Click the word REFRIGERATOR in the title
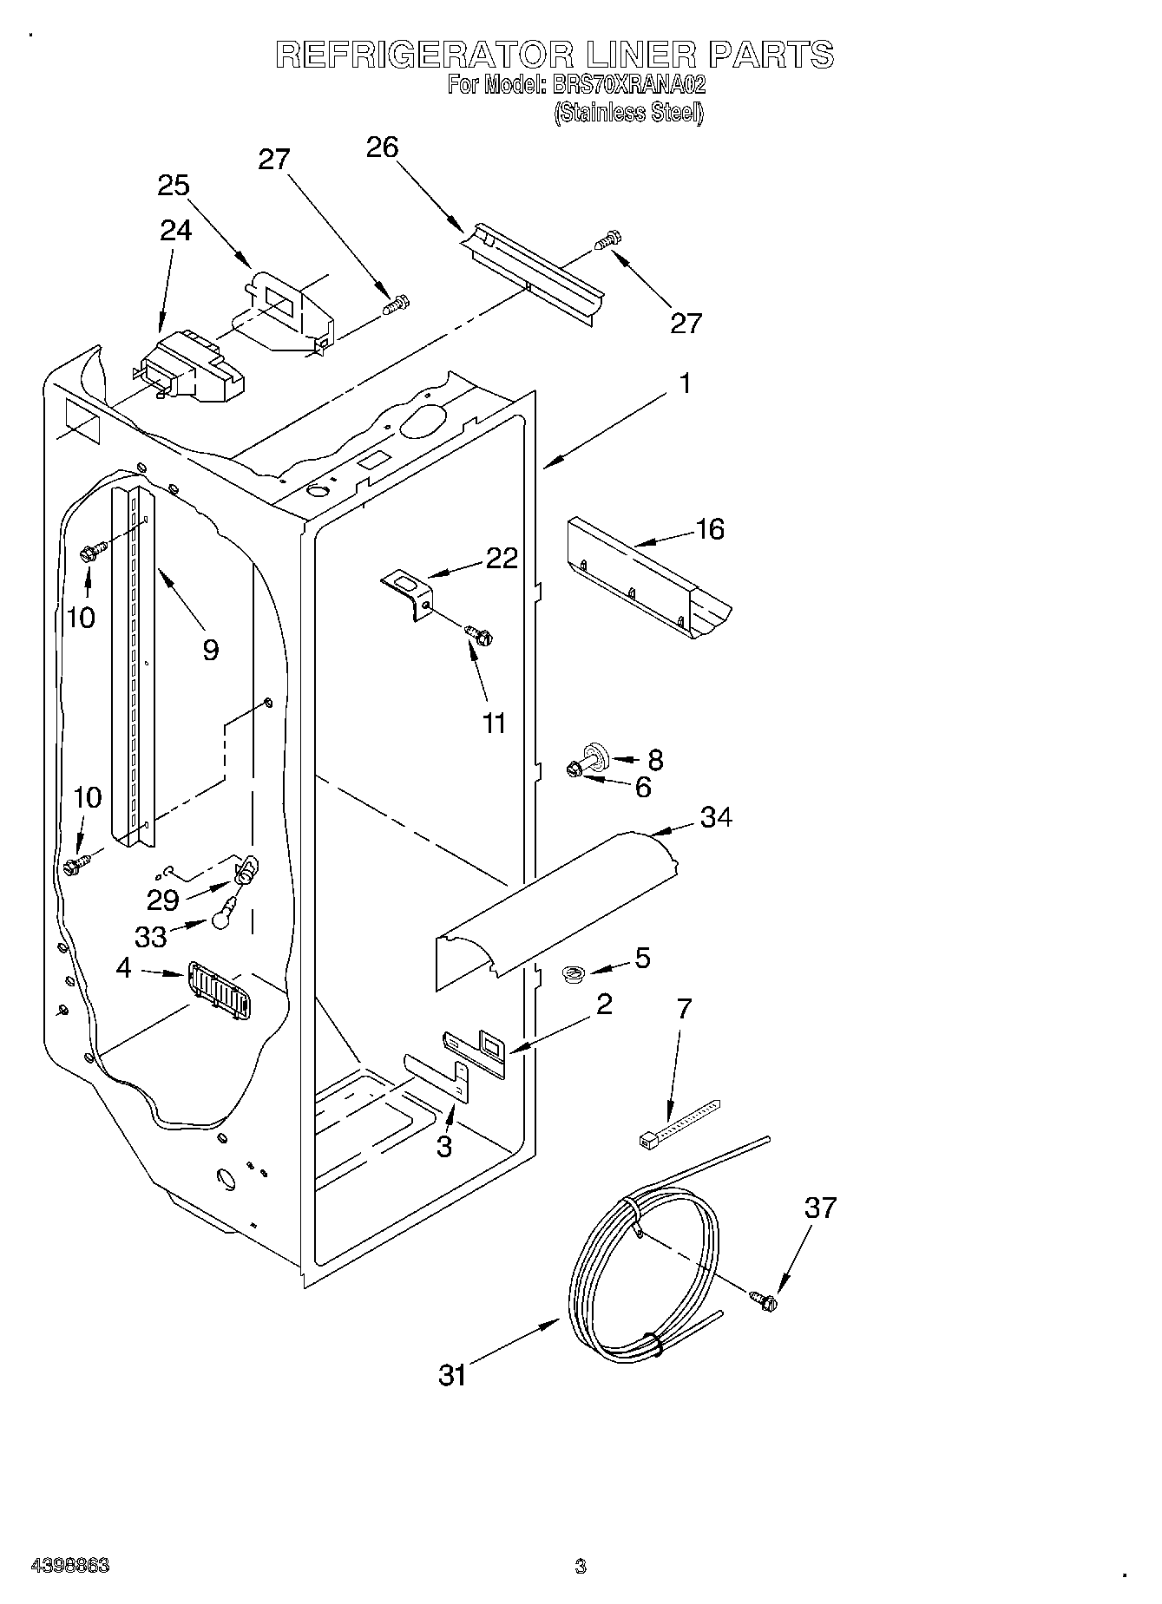(x=424, y=55)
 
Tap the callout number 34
(x=716, y=816)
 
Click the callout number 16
(x=710, y=528)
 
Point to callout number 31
(x=453, y=1375)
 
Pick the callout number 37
(x=820, y=1207)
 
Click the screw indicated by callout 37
(x=764, y=1299)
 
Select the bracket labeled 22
(x=409, y=592)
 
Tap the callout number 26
(x=382, y=147)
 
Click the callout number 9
(x=210, y=650)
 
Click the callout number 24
(x=176, y=230)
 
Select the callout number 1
(x=686, y=383)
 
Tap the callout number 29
(x=162, y=900)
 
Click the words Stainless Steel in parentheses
(x=628, y=113)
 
